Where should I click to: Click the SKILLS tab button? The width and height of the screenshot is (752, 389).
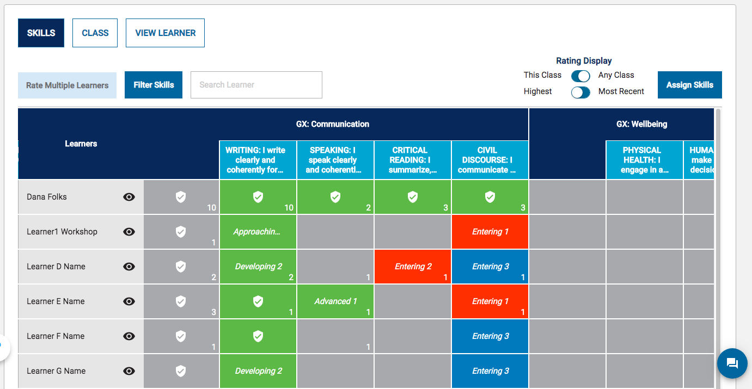click(x=41, y=33)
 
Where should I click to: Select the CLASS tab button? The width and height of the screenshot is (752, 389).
click(x=95, y=33)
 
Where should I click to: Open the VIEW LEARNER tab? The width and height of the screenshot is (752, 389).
click(x=165, y=33)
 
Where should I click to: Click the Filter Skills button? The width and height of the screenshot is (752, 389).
click(x=154, y=85)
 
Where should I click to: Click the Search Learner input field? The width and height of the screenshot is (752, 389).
click(x=256, y=85)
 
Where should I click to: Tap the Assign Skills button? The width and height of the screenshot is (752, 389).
click(x=689, y=85)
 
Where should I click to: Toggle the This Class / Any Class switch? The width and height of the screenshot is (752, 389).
click(x=580, y=76)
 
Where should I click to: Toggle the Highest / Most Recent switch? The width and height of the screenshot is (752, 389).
click(x=580, y=92)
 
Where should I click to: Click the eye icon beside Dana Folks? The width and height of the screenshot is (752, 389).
click(x=129, y=197)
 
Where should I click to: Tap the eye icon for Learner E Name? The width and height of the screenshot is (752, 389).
click(x=129, y=301)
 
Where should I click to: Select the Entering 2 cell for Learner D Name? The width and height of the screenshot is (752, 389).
click(x=413, y=267)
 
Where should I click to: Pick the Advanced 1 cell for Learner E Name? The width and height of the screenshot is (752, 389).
click(x=335, y=301)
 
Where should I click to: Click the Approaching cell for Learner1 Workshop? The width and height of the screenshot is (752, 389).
click(x=258, y=232)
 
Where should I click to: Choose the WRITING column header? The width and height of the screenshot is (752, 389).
click(x=258, y=160)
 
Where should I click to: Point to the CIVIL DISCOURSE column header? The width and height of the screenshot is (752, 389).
click(x=490, y=160)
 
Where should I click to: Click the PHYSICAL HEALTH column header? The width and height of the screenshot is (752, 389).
click(x=644, y=160)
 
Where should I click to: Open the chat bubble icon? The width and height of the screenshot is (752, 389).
click(x=732, y=363)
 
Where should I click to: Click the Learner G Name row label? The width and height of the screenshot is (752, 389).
click(x=56, y=371)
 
